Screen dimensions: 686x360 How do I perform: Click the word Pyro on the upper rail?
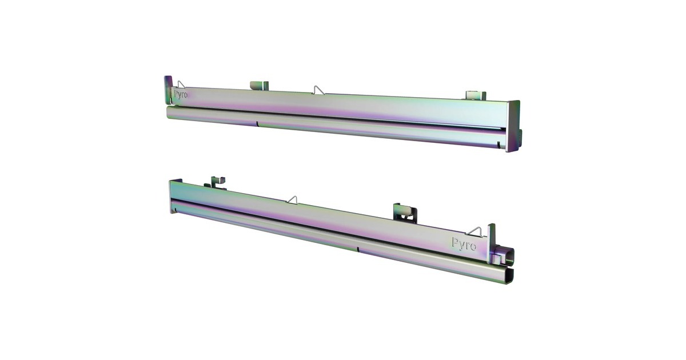pyautogui.click(x=181, y=94)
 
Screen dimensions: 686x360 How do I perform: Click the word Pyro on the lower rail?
pyautogui.click(x=464, y=244)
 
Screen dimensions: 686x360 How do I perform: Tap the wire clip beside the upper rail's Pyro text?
pyautogui.click(x=181, y=84)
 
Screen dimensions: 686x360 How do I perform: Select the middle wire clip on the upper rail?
pyautogui.click(x=318, y=90)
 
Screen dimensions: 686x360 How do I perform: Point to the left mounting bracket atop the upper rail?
pyautogui.click(x=259, y=85)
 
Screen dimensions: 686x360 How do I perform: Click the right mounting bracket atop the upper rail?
pyautogui.click(x=476, y=95)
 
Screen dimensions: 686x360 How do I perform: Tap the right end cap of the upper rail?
pyautogui.click(x=513, y=126)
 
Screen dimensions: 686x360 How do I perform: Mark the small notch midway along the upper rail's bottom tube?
pyautogui.click(x=257, y=123)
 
